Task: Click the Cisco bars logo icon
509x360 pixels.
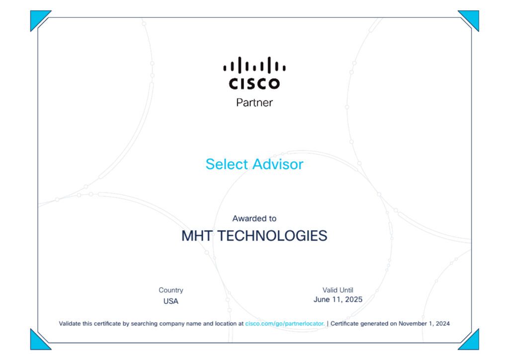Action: click(x=254, y=65)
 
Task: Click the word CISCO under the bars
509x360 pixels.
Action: click(x=254, y=84)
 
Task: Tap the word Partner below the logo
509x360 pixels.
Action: click(x=254, y=102)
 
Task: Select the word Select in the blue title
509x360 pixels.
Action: click(x=227, y=164)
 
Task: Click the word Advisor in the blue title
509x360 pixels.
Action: click(x=278, y=164)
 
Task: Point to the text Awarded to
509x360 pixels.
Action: click(x=254, y=218)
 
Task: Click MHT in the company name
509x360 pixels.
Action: click(x=197, y=236)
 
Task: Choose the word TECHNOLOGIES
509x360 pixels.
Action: click(x=272, y=236)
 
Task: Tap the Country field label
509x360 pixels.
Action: click(x=171, y=290)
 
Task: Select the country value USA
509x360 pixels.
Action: click(x=171, y=301)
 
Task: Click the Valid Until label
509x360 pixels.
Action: click(x=338, y=290)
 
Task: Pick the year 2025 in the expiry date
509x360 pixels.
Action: click(x=353, y=299)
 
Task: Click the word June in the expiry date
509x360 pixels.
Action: click(x=322, y=299)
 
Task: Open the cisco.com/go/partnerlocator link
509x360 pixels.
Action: click(x=285, y=324)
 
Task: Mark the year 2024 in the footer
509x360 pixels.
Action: click(x=443, y=324)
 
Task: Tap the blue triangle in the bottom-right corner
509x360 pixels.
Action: click(x=472, y=342)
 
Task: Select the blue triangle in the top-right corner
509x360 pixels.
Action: click(x=472, y=18)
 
